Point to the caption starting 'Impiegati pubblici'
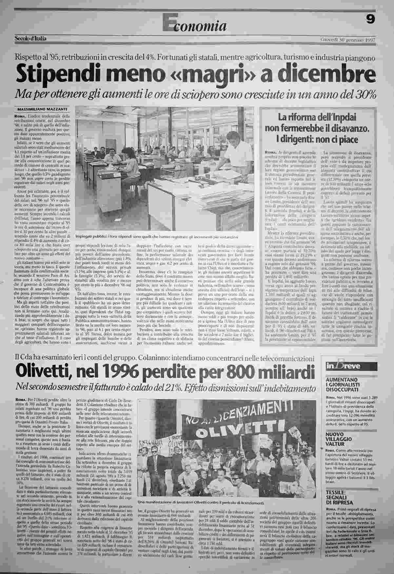[156, 236]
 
